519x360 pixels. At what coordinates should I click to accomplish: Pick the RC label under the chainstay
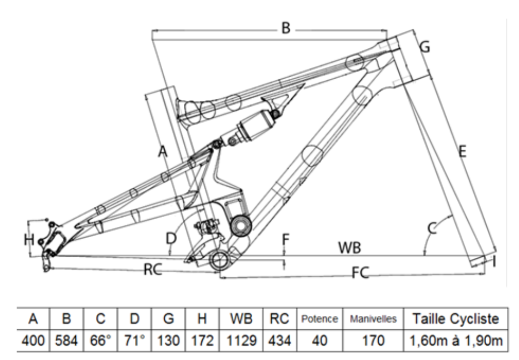coord(153,269)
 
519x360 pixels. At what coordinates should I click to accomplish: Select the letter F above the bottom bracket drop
coord(286,240)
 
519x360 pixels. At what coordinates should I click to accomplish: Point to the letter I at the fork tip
coord(495,263)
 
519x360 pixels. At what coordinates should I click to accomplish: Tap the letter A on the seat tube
coord(163,153)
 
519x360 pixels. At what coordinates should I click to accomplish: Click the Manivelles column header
coord(371,319)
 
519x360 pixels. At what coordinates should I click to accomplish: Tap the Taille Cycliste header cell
coord(455,319)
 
